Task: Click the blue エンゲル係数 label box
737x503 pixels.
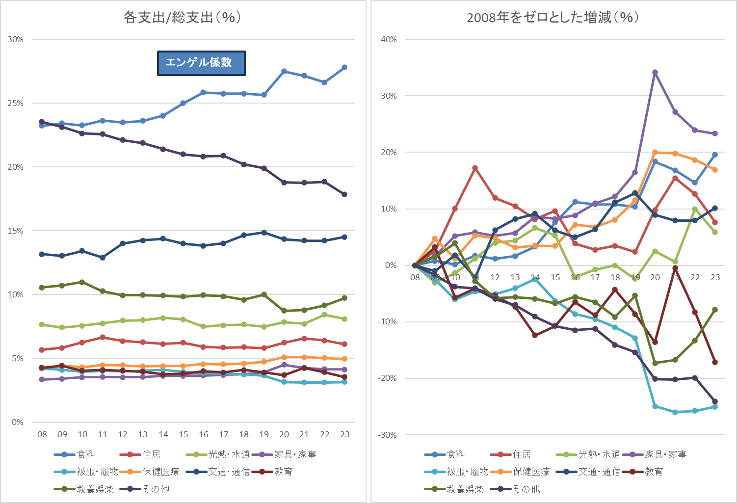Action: (201, 63)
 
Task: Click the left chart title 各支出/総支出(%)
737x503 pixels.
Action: (183, 18)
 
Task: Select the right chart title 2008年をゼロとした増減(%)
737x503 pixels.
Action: (553, 18)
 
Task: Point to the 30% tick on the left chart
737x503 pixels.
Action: (15, 40)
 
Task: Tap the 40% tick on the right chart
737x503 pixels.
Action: (389, 40)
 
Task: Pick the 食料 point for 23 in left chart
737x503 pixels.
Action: (344, 67)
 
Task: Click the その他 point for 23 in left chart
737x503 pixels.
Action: (344, 194)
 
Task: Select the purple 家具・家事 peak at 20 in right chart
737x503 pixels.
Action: (655, 72)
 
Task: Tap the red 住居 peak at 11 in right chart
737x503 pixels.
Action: (475, 168)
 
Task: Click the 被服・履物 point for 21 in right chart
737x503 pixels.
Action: (675, 412)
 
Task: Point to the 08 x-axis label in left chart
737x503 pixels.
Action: (42, 434)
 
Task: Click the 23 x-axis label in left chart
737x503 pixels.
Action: (345, 434)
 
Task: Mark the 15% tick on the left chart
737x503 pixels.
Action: (15, 231)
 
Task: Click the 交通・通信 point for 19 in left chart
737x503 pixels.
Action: (264, 233)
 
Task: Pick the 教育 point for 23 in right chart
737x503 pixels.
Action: (715, 362)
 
